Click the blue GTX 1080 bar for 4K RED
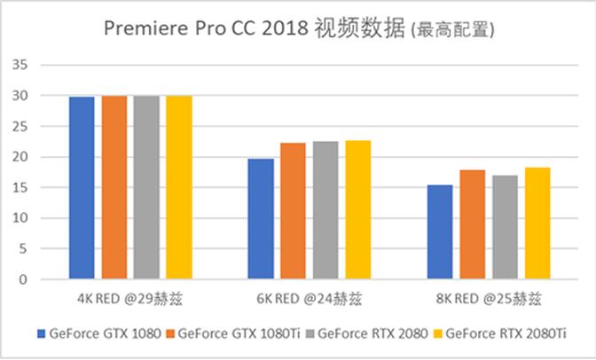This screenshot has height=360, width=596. pyautogui.click(x=82, y=188)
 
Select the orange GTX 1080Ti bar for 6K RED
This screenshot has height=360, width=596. pyautogui.click(x=293, y=211)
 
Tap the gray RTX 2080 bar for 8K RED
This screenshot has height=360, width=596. pyautogui.click(x=504, y=227)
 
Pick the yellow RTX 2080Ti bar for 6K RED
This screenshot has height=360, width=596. pyautogui.click(x=358, y=209)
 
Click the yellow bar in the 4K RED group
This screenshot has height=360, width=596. pyautogui.click(x=178, y=188)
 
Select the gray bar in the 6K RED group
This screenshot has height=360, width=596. pyautogui.click(x=325, y=210)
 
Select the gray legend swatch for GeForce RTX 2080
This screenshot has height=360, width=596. pyautogui.click(x=310, y=334)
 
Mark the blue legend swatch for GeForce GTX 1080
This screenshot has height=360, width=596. pyautogui.click(x=41, y=334)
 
